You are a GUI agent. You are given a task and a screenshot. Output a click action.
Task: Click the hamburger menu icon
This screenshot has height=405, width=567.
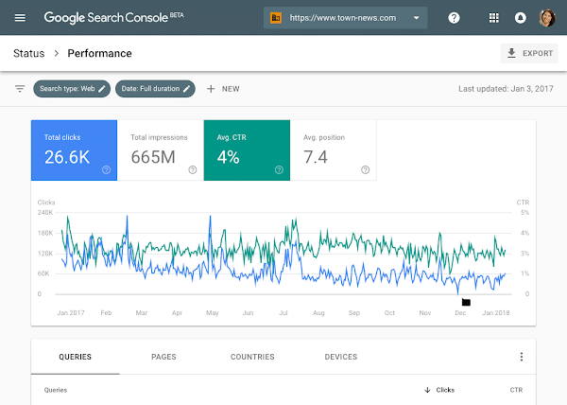click(x=21, y=18)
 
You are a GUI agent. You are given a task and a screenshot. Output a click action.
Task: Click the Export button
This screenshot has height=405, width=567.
click(x=529, y=54)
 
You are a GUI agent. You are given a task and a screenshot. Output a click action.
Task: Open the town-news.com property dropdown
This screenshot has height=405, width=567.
click(x=345, y=18)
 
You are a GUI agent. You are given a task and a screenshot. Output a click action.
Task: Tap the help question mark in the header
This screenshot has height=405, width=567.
click(x=455, y=18)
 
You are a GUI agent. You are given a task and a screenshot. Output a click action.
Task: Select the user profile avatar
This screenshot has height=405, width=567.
click(x=546, y=18)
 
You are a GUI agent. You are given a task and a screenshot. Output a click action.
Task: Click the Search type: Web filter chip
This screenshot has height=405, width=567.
click(x=72, y=89)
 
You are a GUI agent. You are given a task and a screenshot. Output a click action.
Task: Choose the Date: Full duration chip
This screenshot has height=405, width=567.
click(x=156, y=89)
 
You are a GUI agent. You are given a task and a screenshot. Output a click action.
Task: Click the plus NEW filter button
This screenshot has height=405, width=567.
click(x=223, y=89)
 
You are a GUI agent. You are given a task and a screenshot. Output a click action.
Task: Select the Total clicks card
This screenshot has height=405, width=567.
click(x=74, y=150)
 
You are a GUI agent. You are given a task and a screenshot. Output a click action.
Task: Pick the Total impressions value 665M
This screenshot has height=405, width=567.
click(x=153, y=157)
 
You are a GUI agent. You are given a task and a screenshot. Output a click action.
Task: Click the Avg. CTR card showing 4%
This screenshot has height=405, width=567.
click(x=246, y=150)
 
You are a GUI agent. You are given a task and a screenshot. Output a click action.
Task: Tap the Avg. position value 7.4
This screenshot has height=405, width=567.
click(x=316, y=157)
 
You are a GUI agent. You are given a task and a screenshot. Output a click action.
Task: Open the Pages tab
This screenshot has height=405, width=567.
click(x=163, y=357)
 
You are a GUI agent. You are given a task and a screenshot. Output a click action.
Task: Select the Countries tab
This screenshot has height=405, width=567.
click(x=252, y=357)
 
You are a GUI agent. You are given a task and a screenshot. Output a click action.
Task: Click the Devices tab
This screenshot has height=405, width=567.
click(x=340, y=357)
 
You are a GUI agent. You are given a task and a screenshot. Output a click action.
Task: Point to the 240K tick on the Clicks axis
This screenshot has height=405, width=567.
click(x=45, y=212)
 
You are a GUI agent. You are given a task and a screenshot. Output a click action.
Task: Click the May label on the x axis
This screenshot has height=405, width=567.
click(x=213, y=312)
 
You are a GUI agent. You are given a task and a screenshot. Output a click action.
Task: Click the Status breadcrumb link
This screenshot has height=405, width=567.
click(x=28, y=54)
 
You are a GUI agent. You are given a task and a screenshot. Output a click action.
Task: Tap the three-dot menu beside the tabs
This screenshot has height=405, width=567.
click(x=521, y=357)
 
